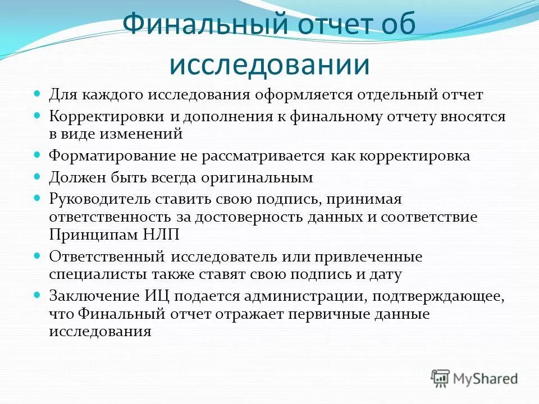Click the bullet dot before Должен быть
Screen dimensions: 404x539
[x=38, y=176]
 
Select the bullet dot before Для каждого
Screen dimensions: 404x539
[x=38, y=94]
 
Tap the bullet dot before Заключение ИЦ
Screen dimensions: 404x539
[x=38, y=295]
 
